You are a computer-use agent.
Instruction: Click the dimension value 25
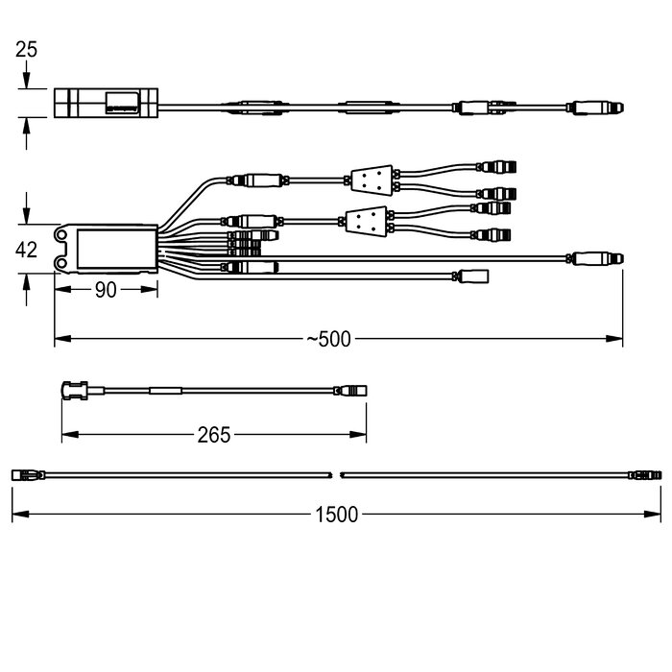coord(26,50)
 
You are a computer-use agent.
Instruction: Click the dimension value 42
coord(26,250)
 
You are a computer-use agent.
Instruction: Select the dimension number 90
coord(106,290)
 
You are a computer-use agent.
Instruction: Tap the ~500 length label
coord(328,339)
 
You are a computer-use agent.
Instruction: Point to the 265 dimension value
coord(214,435)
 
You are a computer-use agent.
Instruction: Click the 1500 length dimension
coord(336,515)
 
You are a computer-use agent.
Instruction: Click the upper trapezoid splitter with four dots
coord(372,180)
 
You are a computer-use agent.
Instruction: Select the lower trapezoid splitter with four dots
coord(367,222)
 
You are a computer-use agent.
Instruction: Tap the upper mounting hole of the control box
coord(61,235)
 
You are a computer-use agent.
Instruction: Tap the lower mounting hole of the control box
coord(61,262)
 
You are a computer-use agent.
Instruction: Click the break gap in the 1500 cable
coord(336,475)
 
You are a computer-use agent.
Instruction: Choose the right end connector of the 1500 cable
coord(645,475)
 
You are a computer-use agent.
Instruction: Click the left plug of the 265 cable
coord(75,391)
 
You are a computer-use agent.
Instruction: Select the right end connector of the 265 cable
coord(350,391)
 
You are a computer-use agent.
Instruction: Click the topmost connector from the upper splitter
coord(497,167)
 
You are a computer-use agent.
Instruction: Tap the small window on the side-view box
coord(123,103)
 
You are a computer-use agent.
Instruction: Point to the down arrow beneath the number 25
coord(27,75)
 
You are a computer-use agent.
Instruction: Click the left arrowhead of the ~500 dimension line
coord(62,339)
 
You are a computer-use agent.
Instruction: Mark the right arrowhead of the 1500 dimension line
coord(653,515)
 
